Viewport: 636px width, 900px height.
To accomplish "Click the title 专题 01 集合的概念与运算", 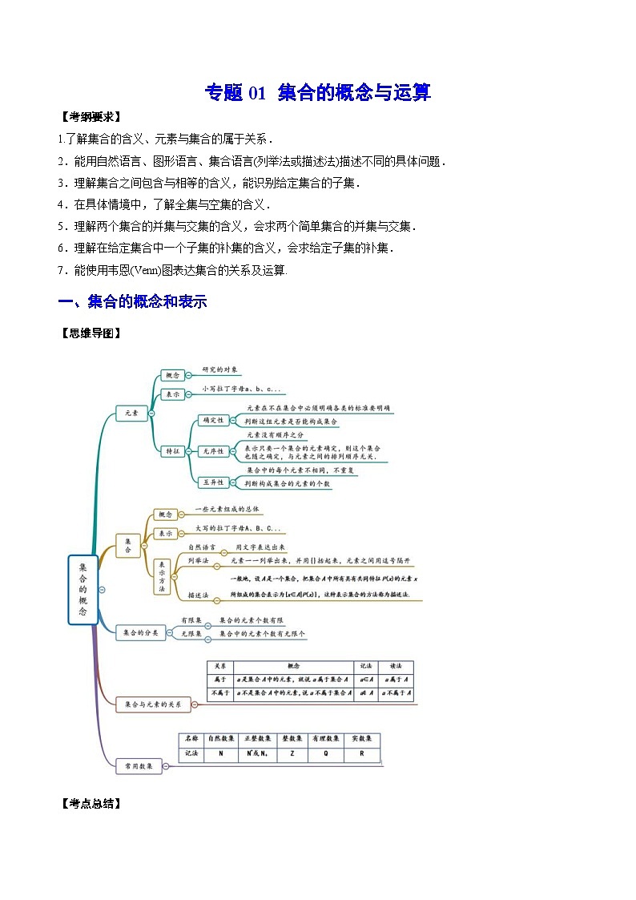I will click(x=318, y=92).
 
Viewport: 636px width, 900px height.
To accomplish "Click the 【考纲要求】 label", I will click(x=90, y=117).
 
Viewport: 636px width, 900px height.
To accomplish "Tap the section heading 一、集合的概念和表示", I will click(x=133, y=301).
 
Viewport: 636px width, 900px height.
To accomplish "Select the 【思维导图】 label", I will click(x=90, y=333).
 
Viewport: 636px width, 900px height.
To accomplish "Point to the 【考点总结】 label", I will click(x=90, y=803).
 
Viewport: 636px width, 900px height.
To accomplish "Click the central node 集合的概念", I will click(x=83, y=589).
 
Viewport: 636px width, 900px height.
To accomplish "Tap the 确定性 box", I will click(x=212, y=419).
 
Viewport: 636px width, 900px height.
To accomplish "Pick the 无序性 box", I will click(x=212, y=450).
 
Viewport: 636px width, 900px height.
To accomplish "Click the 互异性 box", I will click(x=212, y=482).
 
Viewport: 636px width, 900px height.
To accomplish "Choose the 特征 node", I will click(x=172, y=450).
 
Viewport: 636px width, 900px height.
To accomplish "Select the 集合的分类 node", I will click(x=140, y=632).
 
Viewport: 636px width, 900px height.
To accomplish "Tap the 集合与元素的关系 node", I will click(x=153, y=704).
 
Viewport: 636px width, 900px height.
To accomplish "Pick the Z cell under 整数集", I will click(x=292, y=753).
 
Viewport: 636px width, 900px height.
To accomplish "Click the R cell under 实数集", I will click(x=362, y=753).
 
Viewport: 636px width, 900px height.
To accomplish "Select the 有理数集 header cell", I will click(x=327, y=738).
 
